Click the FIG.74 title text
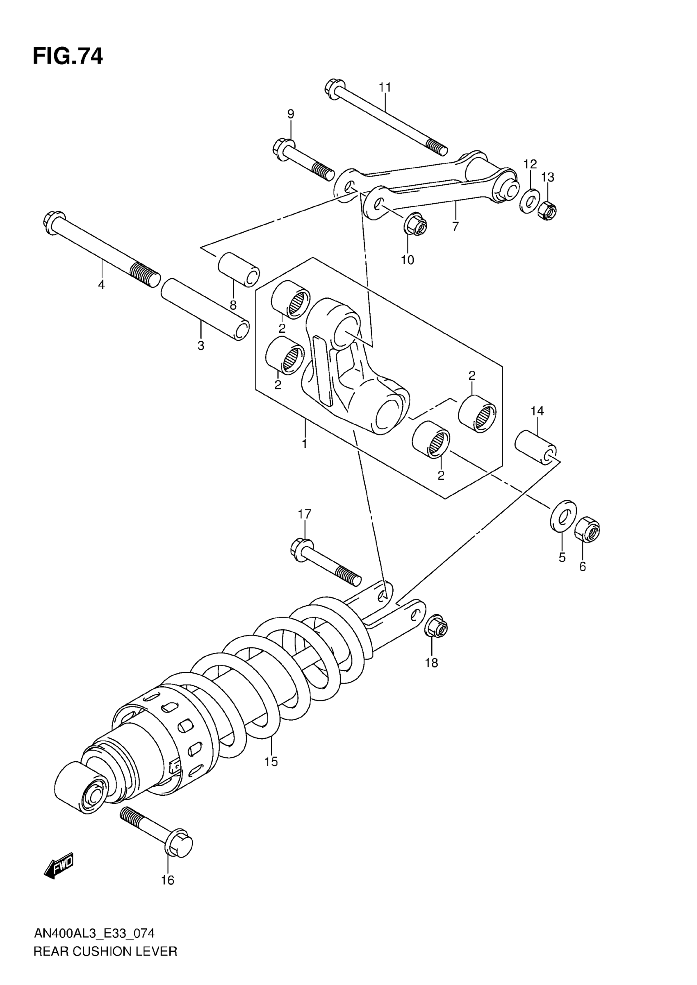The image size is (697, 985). click(68, 57)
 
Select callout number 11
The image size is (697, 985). click(385, 88)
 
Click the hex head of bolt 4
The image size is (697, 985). click(54, 222)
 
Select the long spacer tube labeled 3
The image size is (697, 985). click(205, 309)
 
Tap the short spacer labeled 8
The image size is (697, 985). click(239, 269)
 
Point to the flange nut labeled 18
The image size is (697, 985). click(436, 628)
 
